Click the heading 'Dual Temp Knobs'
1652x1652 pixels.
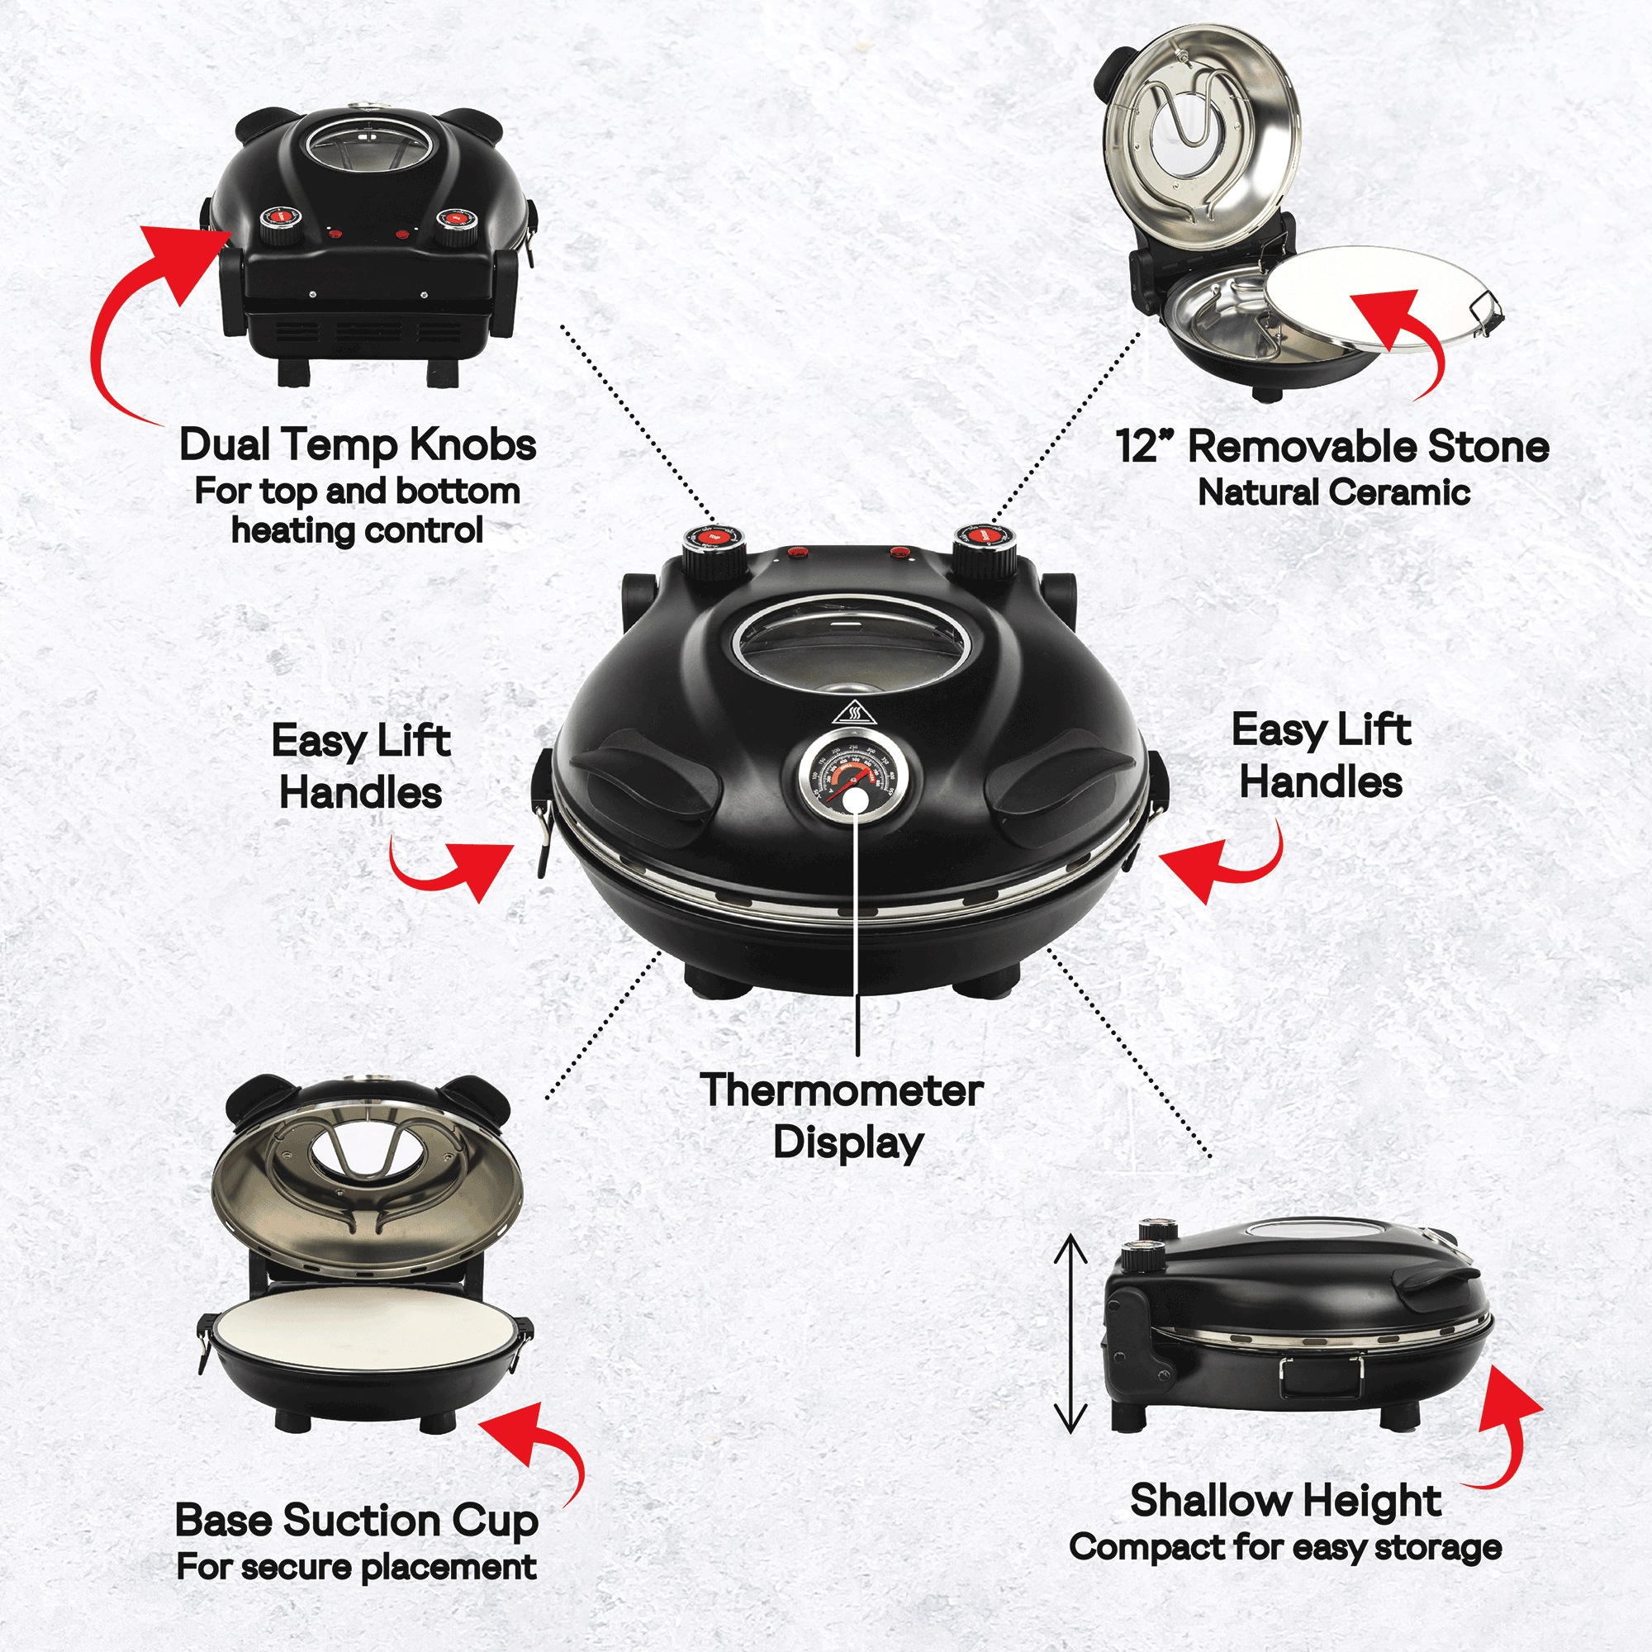(358, 444)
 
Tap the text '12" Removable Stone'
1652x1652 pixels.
(1332, 446)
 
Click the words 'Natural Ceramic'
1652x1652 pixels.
(1333, 491)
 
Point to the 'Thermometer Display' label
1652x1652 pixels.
(843, 1116)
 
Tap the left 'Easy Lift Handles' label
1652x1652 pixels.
(361, 767)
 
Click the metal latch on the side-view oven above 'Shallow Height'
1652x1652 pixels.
(1320, 1378)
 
